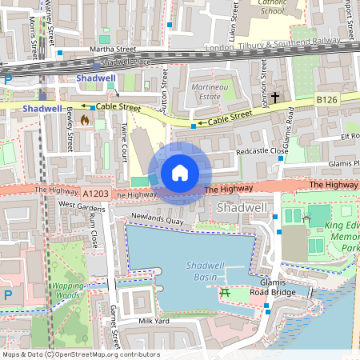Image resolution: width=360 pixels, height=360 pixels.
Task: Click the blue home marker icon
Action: click(180, 172)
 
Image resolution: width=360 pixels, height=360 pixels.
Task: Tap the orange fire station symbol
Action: click(85, 119)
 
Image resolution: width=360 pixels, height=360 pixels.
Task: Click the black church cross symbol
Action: click(275, 98)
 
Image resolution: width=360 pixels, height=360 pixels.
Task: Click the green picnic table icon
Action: click(225, 293)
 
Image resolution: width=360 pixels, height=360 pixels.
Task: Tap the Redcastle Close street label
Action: click(261, 151)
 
